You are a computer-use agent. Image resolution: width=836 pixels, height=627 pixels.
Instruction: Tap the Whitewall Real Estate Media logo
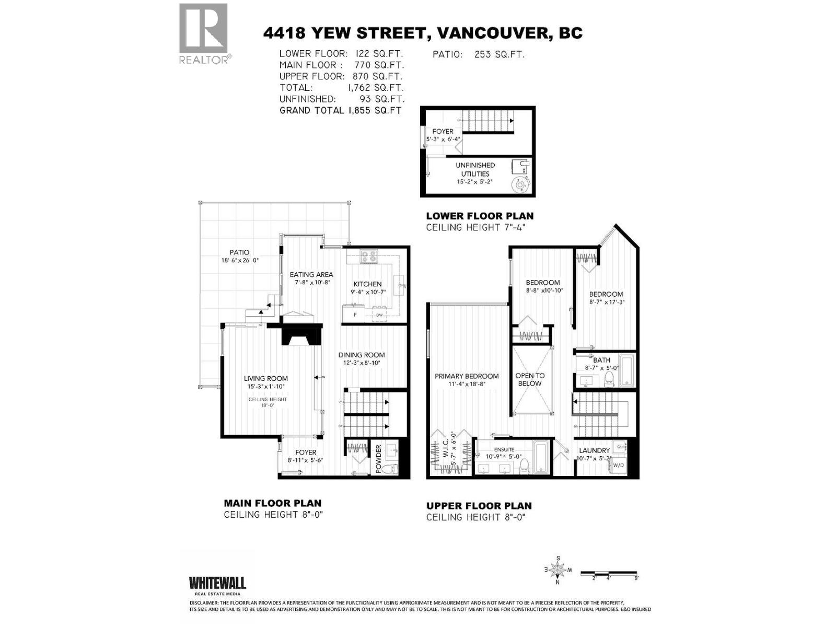pos(217,585)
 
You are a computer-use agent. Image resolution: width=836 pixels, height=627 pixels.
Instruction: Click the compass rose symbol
pos(558,570)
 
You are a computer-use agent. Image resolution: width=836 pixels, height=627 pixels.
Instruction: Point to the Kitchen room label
pos(367,284)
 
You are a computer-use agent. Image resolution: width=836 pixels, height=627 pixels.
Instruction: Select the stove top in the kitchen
pos(369,257)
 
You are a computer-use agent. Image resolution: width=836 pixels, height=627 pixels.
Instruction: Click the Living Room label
pos(266,378)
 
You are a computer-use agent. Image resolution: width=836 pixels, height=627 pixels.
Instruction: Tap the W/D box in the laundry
pos(618,465)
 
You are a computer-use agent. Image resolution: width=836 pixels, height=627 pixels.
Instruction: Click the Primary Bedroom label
pos(467,376)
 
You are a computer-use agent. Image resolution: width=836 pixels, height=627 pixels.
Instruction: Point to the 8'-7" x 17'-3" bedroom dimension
pos(606,302)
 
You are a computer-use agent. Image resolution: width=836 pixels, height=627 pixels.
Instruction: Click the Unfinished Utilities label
pos(475,169)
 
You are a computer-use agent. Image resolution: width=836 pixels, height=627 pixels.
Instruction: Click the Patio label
pos(239,252)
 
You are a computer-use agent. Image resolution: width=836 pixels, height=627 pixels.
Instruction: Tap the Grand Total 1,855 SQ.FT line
pos(340,110)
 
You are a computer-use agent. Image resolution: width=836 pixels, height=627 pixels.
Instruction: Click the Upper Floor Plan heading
pos(479,506)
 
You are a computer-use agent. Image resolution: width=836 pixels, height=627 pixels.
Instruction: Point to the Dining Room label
pos(361,355)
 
